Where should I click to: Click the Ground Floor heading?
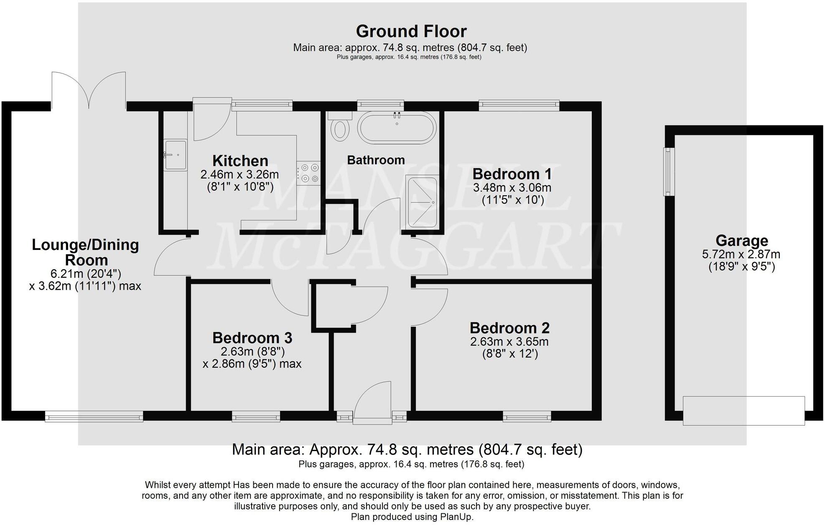pos(411,31)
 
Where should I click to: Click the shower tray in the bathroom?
pos(423,202)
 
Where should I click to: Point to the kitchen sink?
pos(175,155)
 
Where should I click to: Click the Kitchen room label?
pos(240,161)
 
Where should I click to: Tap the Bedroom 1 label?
pos(512,174)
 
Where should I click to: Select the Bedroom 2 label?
pos(509,328)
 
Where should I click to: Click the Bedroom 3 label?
pos(252,338)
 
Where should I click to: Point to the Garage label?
pos(741,241)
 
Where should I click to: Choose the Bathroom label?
pos(376,160)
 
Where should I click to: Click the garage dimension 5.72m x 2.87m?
pos(741,254)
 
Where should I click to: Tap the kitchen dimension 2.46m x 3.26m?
pos(239,174)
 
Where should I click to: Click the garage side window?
pos(669,171)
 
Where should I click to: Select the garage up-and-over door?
pos(744,410)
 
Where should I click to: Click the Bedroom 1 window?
pos(519,105)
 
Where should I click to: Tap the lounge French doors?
pos(89,90)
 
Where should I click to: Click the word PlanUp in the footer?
pos(456,517)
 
